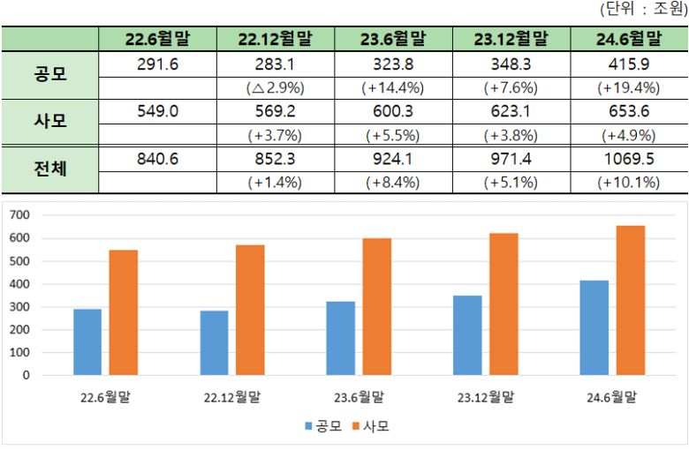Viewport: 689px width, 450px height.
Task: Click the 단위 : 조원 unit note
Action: [x=642, y=10]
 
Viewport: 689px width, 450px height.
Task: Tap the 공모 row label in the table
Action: [x=49, y=75]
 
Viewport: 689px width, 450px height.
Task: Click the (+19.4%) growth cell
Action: [x=629, y=88]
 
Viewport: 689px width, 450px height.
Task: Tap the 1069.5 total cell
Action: [x=629, y=159]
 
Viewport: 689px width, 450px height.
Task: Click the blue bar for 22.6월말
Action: [x=87, y=341]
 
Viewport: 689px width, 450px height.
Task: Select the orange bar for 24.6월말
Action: [x=631, y=300]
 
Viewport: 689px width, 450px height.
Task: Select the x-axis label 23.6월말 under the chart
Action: [x=358, y=396]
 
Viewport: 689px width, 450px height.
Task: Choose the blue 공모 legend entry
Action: [x=323, y=426]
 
